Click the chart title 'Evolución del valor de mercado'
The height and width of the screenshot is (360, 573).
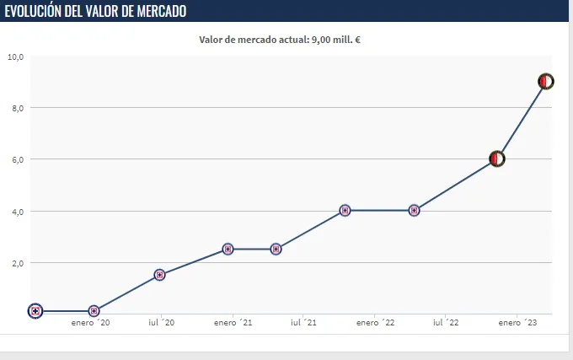[96, 11]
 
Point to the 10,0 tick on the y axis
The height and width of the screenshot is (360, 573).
[15, 56]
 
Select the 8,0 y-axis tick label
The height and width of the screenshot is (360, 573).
[17, 108]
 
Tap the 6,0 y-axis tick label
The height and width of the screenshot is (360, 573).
[17, 159]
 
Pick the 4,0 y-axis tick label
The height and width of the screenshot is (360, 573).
[17, 211]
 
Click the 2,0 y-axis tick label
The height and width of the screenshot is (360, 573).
[17, 263]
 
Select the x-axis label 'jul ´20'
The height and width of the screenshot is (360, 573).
[161, 322]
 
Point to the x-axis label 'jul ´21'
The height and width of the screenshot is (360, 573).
[303, 322]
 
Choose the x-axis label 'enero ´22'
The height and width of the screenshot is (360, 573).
[375, 322]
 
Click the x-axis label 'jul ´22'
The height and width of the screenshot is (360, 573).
[446, 322]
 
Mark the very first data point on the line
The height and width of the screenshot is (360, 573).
[35, 311]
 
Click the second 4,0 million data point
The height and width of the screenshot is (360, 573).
[414, 211]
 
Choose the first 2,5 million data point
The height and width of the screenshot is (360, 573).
[228, 249]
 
